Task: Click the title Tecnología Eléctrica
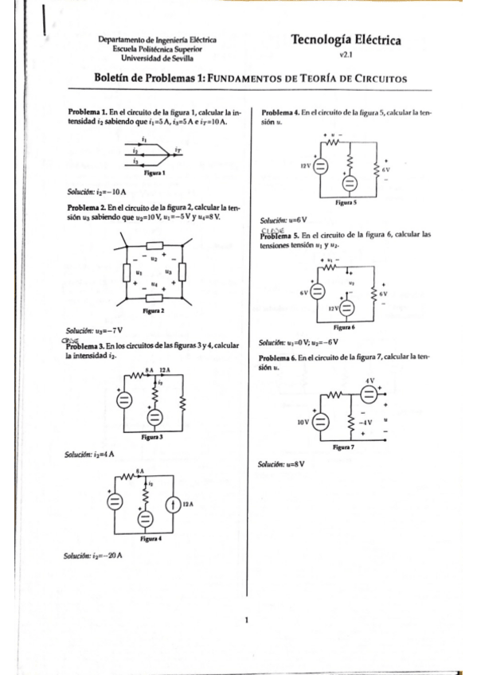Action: click(x=346, y=40)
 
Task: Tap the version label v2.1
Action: click(x=346, y=57)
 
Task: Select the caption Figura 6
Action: click(x=344, y=327)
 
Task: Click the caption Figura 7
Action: click(x=344, y=447)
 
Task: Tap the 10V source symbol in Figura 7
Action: click(x=322, y=420)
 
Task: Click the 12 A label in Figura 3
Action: click(x=166, y=371)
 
